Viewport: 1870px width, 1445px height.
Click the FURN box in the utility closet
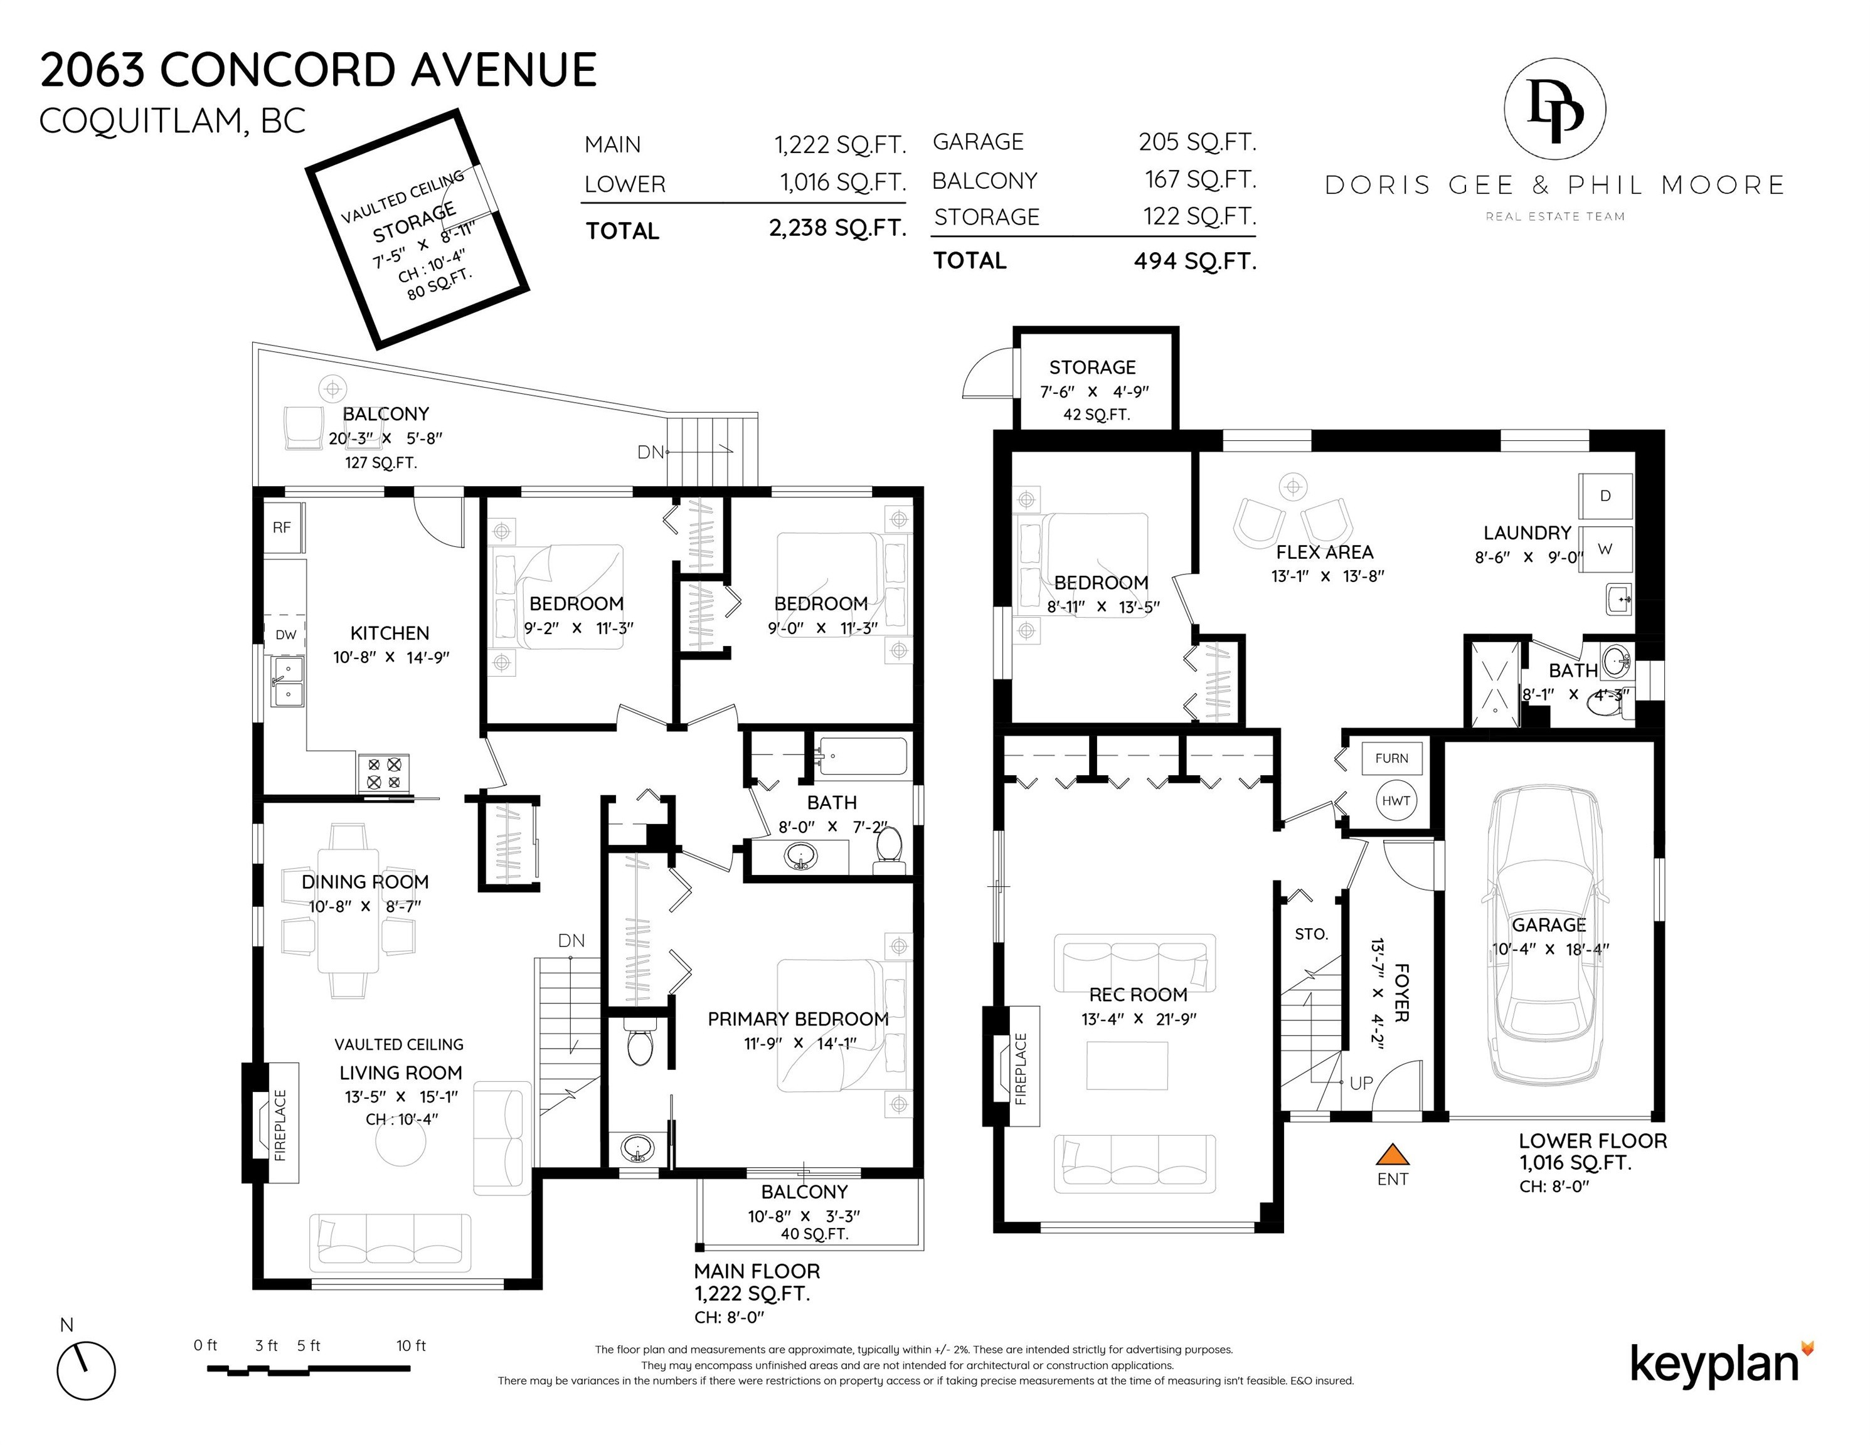[1392, 758]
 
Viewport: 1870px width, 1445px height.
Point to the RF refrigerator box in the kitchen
[282, 527]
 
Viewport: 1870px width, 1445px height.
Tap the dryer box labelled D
[1605, 495]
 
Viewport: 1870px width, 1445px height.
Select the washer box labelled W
[1605, 549]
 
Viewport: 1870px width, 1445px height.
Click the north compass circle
[87, 1372]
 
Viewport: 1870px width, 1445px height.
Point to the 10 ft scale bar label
[411, 1346]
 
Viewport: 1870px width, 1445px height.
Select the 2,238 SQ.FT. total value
[837, 228]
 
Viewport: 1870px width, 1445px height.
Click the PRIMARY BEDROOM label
[798, 1019]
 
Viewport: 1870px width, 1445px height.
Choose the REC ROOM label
[1138, 995]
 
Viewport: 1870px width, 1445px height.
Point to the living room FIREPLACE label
[280, 1125]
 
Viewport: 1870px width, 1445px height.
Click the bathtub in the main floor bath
[863, 757]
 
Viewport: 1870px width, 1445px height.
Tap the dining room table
[348, 910]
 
